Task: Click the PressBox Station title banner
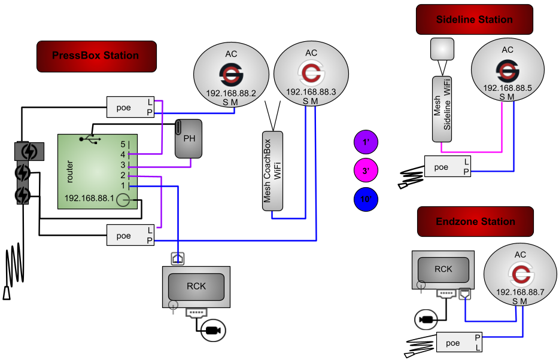coord(96,56)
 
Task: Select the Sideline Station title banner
coord(475,20)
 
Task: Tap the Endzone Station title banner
coord(475,221)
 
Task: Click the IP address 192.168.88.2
coord(231,93)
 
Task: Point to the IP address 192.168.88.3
coord(311,92)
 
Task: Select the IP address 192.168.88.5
coord(508,88)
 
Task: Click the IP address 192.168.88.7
coord(520,292)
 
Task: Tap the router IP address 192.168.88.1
coord(89,198)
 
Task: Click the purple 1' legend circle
coord(366,142)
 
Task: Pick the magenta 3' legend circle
coord(366,170)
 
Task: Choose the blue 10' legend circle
coord(366,199)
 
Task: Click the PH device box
coord(189,139)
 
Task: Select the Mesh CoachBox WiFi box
coord(273,171)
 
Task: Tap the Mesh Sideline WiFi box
coord(442,109)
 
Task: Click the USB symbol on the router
coord(90,139)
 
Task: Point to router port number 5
coord(123,144)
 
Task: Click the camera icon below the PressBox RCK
coord(213,331)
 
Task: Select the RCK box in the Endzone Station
coord(443,270)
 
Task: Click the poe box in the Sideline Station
coord(448,166)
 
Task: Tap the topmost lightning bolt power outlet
coord(29,151)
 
